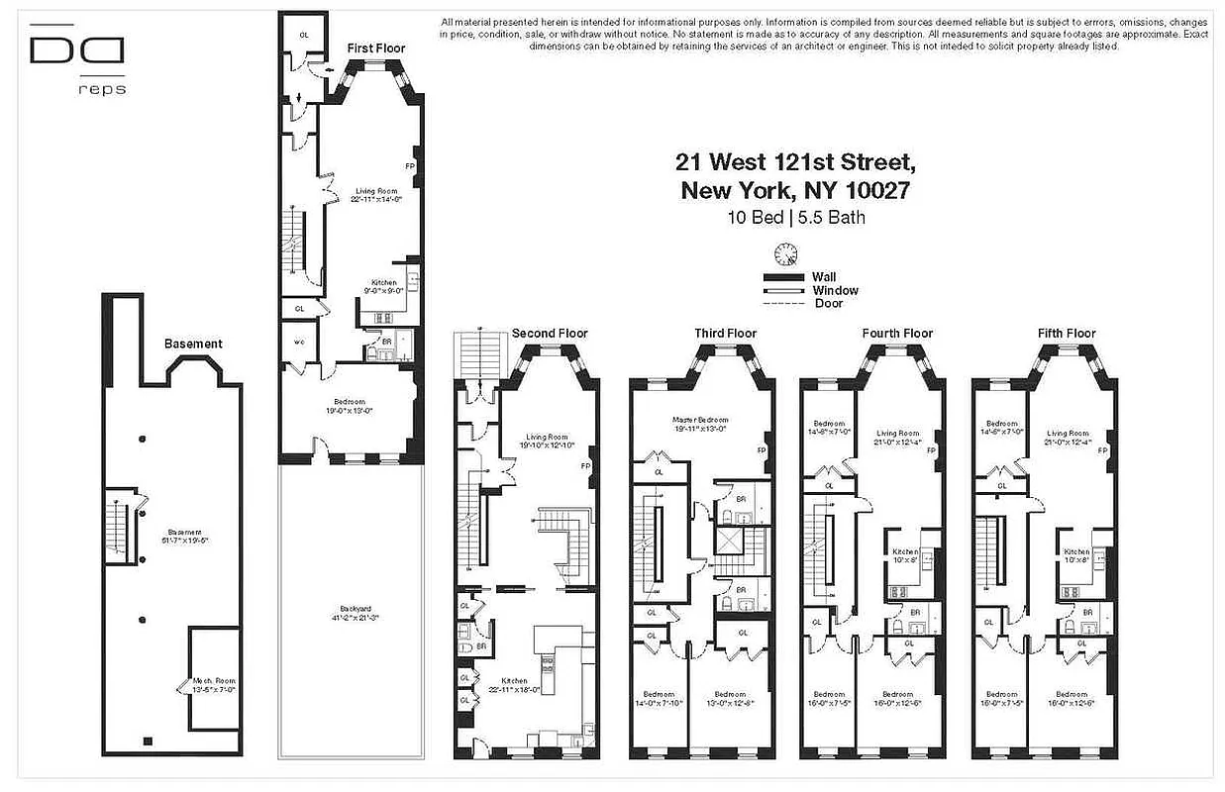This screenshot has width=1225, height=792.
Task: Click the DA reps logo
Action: [76, 59]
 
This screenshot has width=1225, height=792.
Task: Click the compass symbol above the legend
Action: [786, 254]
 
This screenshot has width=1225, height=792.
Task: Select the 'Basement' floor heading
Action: [193, 344]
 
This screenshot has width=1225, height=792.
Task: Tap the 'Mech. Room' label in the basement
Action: [215, 683]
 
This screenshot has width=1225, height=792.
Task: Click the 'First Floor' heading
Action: [375, 48]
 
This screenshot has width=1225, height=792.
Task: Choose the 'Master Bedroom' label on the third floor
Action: [700, 420]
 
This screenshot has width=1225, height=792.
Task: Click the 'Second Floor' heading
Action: [550, 334]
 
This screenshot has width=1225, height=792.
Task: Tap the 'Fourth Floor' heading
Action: [897, 334]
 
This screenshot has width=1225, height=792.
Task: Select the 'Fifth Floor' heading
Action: [1067, 334]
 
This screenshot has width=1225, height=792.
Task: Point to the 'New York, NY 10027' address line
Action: [794, 190]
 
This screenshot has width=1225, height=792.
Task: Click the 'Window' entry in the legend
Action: [835, 290]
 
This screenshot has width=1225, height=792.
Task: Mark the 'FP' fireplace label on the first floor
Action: [410, 166]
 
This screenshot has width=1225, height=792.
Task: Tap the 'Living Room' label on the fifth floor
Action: [1068, 434]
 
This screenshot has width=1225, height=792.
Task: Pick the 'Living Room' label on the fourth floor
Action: [898, 434]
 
